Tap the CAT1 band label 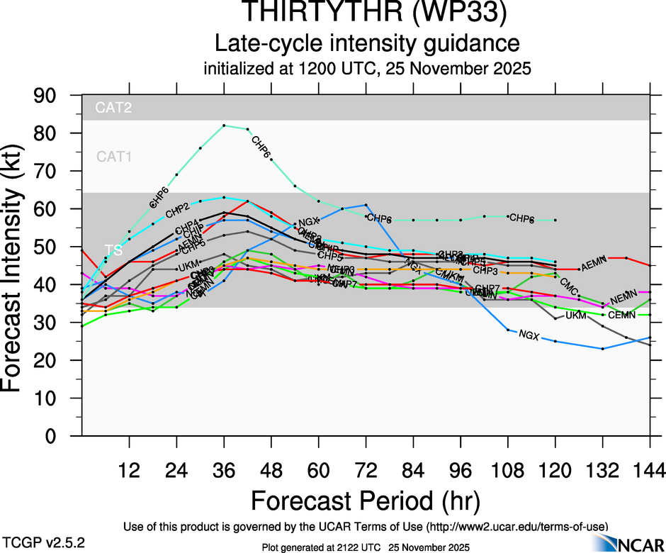tap(113, 157)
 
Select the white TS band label tap(113, 250)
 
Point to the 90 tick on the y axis tap(49, 96)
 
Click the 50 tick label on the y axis tap(49, 247)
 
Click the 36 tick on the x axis tap(224, 469)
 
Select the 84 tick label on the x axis tap(413, 469)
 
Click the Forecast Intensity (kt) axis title tap(17, 266)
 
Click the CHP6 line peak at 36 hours tap(224, 125)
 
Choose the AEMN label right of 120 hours tap(594, 267)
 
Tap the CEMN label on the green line tap(621, 315)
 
